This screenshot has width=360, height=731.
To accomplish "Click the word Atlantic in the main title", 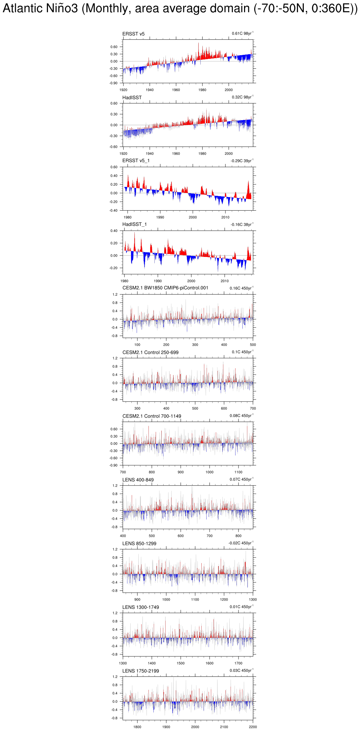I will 23,9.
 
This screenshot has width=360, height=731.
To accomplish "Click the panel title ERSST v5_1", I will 136,161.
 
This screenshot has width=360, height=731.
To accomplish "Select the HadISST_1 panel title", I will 134,224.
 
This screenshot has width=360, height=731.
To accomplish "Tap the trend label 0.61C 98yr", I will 242,34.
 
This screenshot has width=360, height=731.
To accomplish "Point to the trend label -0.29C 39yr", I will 242,161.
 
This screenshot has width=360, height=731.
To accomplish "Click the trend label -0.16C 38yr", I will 242,225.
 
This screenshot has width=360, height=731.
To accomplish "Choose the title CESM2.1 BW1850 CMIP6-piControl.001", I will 165,288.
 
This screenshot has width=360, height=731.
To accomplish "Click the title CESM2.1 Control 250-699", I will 150,353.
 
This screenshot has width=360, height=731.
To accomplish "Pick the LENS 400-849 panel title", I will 138,480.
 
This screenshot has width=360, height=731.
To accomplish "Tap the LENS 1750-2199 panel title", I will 141,671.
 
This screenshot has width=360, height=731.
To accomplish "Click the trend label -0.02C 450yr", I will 241,543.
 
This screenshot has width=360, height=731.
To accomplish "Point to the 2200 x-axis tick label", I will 253,727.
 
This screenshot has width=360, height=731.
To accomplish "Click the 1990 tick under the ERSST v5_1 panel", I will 160,217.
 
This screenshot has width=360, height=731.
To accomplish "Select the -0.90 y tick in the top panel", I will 113,83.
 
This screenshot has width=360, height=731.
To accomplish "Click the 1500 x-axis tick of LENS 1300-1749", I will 181,663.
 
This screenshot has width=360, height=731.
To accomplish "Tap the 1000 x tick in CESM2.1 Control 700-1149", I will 210,472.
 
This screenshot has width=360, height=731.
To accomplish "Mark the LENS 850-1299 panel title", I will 139,544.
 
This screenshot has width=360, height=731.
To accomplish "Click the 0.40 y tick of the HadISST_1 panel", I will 114,231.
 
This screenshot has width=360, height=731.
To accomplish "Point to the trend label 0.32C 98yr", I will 242,97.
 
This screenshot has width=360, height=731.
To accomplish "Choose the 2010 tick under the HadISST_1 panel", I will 225,281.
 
